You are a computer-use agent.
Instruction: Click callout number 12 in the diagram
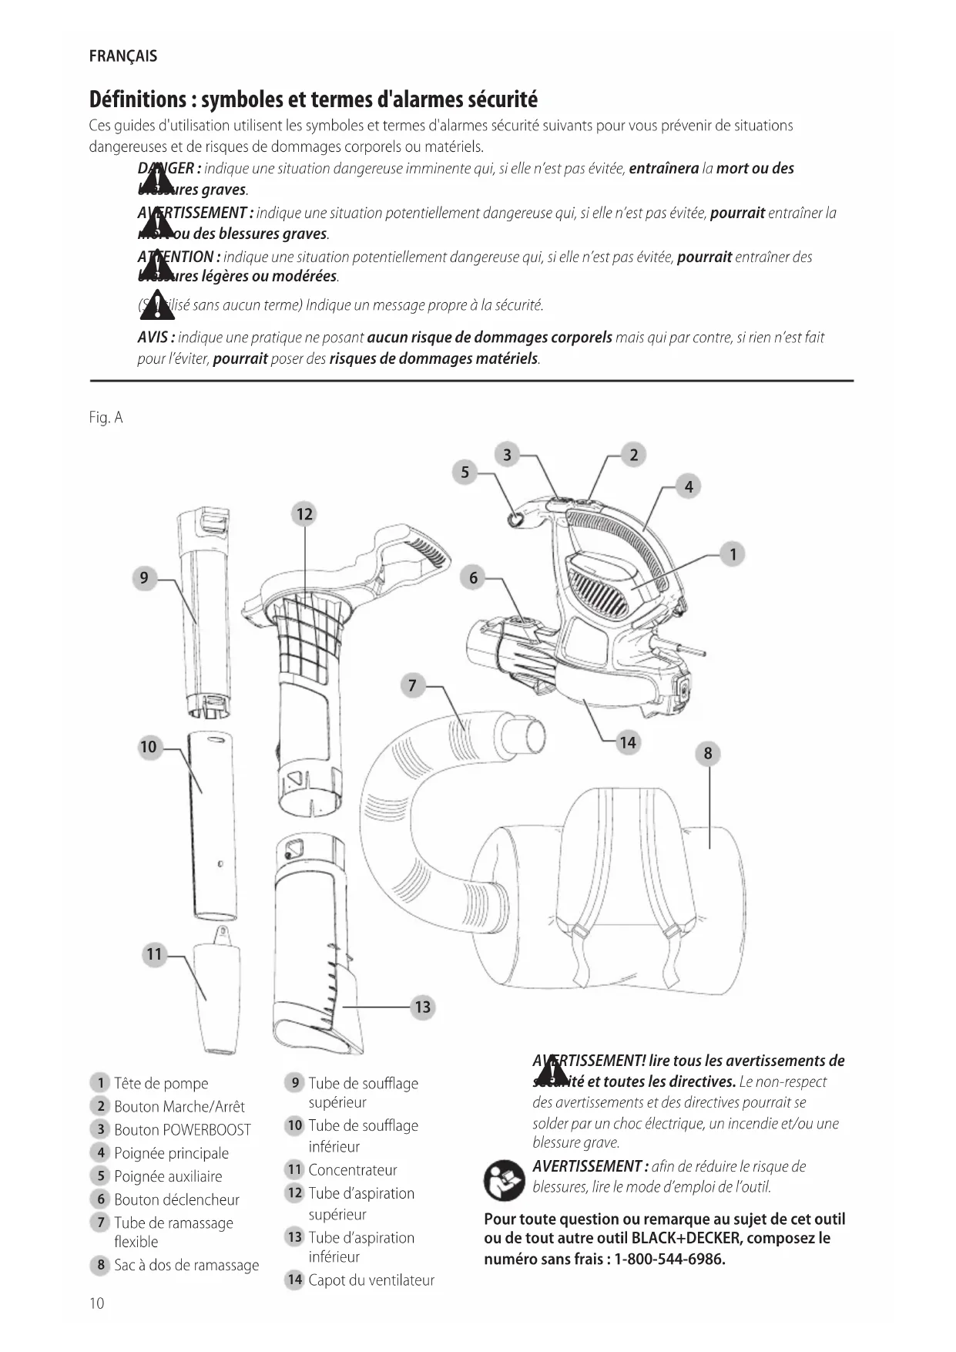click(305, 514)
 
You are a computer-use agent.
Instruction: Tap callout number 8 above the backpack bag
click(708, 753)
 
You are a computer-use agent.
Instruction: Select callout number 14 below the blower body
click(628, 742)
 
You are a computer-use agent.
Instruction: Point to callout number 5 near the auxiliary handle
click(465, 473)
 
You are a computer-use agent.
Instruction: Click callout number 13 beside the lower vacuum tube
click(423, 1007)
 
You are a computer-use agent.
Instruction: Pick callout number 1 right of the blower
click(733, 553)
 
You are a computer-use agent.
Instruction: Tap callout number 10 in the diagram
click(148, 746)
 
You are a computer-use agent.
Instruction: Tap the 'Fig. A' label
click(106, 418)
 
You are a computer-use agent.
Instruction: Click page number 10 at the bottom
click(96, 1303)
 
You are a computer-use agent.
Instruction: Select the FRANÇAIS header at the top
click(123, 56)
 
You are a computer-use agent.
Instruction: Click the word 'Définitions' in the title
click(138, 99)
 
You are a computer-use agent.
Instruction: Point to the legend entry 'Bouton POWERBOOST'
click(183, 1130)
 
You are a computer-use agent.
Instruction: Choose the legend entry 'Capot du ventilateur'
click(371, 1280)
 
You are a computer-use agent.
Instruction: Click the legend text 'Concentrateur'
click(353, 1170)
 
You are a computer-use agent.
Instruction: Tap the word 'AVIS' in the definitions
click(156, 338)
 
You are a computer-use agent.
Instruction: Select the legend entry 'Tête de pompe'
click(161, 1084)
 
